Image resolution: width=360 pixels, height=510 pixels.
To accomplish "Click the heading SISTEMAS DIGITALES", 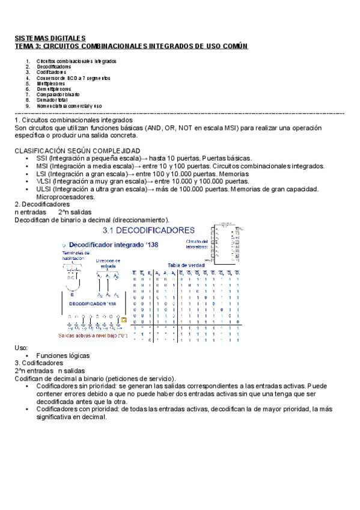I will coord(50,38).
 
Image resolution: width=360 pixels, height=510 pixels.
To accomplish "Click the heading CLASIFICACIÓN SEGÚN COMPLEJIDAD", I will coord(77,150).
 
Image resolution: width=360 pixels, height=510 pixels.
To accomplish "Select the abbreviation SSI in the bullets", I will coord(42,158).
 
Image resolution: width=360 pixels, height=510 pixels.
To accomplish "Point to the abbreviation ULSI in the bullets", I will coord(44,189).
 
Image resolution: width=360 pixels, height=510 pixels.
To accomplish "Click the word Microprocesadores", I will coord(66,197).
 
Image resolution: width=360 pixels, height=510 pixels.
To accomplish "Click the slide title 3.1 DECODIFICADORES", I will coord(148,230).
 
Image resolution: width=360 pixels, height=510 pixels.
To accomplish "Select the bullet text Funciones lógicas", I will coord(61,355).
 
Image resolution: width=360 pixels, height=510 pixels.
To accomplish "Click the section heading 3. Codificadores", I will coord(38,363).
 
